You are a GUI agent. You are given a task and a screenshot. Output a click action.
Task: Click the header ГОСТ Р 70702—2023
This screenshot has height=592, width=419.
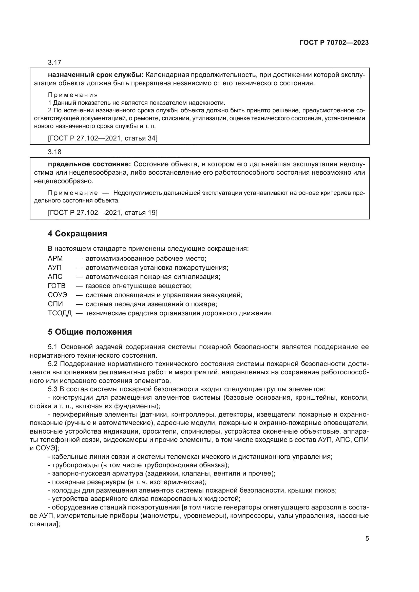click(x=334, y=43)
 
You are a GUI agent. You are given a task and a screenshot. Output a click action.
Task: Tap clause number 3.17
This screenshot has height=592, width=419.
click(x=54, y=63)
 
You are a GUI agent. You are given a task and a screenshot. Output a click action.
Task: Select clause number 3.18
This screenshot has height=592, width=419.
click(x=54, y=152)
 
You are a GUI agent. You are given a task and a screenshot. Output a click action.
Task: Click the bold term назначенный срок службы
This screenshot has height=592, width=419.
click(x=96, y=75)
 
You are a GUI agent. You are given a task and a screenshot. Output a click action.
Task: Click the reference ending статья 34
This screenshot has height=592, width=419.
click(x=103, y=138)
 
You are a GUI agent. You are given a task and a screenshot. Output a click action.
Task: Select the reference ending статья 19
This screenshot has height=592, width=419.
click(x=103, y=213)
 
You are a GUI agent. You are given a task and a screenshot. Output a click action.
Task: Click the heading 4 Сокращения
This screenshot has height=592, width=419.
click(x=77, y=234)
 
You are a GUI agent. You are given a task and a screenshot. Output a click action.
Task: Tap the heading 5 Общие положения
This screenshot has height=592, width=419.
click(x=90, y=332)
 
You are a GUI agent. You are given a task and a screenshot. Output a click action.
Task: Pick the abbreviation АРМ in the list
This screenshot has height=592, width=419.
click(x=55, y=258)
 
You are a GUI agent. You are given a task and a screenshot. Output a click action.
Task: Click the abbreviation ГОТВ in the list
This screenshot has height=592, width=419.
click(x=56, y=286)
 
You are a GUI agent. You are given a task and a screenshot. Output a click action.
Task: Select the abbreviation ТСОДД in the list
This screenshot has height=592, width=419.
click(x=60, y=313)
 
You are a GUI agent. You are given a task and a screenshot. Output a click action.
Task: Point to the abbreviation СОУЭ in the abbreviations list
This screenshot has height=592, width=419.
click(x=57, y=295)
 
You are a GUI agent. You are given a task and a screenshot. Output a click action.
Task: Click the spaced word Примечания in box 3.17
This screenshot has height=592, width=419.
click(x=73, y=95)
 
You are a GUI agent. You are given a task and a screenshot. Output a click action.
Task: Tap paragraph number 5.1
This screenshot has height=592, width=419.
click(x=53, y=347)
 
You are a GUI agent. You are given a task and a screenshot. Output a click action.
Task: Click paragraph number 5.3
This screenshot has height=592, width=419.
click(x=53, y=389)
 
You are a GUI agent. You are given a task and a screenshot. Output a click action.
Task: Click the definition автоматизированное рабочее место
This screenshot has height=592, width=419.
click(x=146, y=258)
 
